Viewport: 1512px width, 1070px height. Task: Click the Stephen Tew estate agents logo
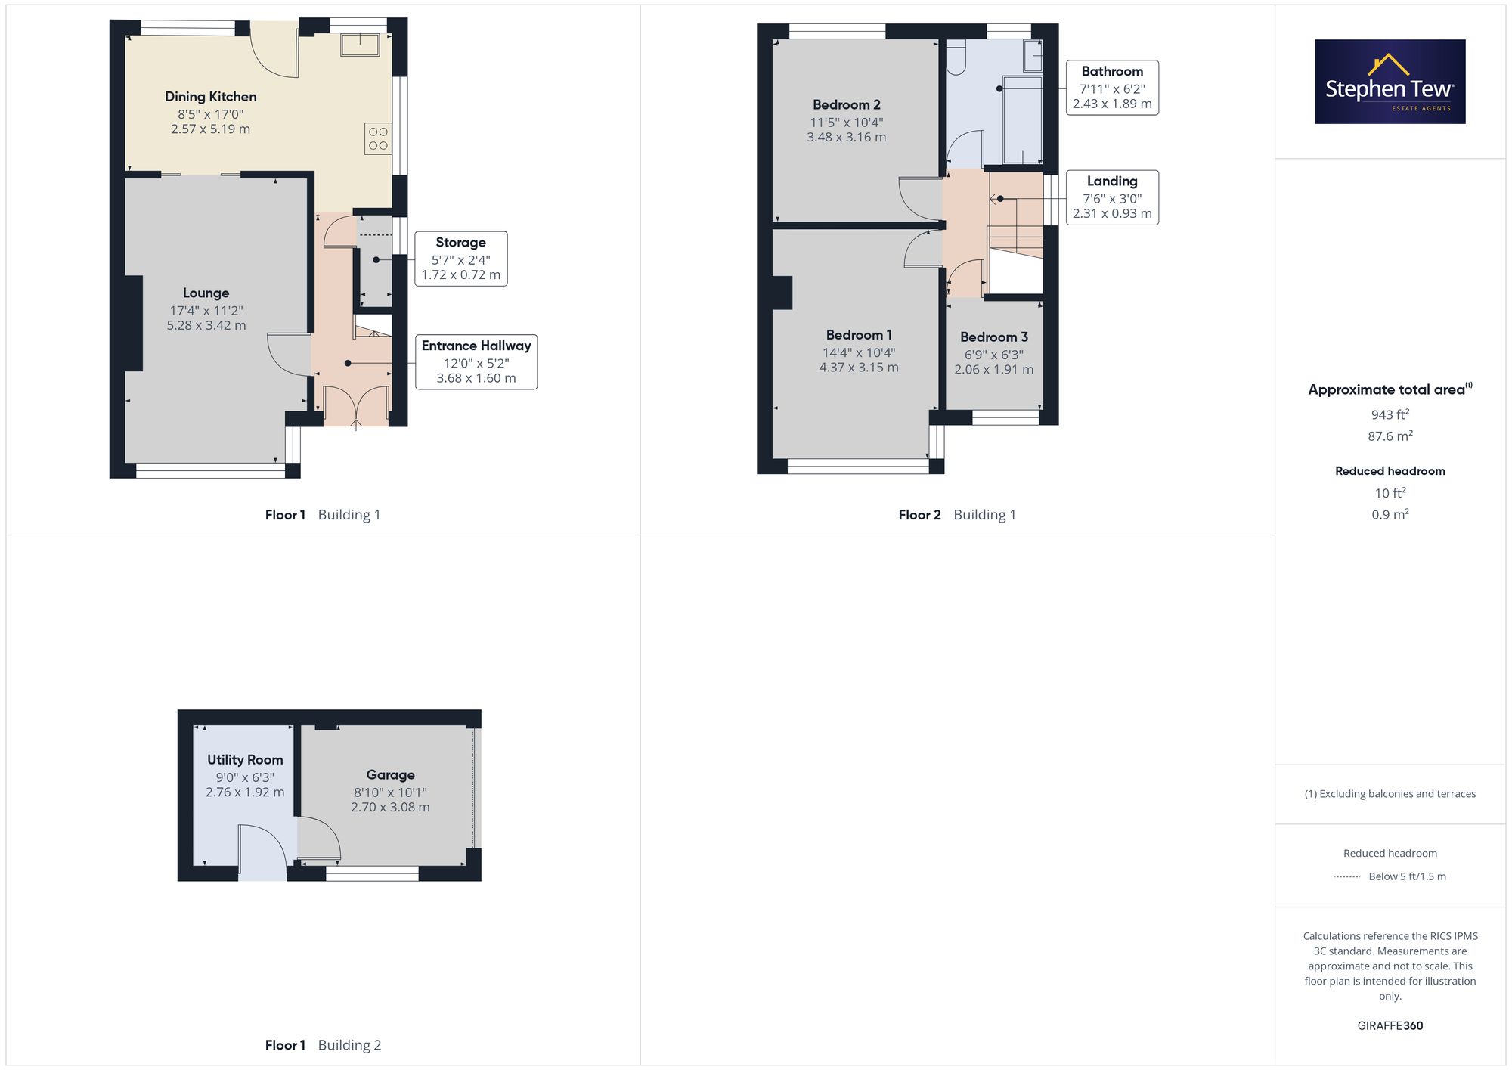pyautogui.click(x=1390, y=82)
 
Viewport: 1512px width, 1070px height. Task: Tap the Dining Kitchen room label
pyautogui.click(x=211, y=97)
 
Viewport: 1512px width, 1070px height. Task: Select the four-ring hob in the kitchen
pyautogui.click(x=378, y=138)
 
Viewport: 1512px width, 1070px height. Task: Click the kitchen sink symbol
pyautogui.click(x=360, y=45)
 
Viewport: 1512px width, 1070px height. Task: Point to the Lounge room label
pyautogui.click(x=206, y=293)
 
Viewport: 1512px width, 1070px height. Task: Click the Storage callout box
pyautogui.click(x=461, y=259)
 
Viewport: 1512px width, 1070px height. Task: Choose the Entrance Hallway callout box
pyautogui.click(x=476, y=362)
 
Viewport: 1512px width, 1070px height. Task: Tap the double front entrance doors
pyautogui.click(x=356, y=408)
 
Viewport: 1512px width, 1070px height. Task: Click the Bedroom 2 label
pyautogui.click(x=847, y=105)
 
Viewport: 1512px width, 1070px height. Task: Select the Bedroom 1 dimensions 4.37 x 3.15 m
pyautogui.click(x=859, y=368)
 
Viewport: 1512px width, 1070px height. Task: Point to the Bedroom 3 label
pyautogui.click(x=994, y=337)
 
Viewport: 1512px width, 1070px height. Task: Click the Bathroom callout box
pyautogui.click(x=1112, y=88)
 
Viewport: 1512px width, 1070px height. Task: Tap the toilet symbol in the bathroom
pyautogui.click(x=956, y=58)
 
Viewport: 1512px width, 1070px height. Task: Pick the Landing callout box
pyautogui.click(x=1112, y=197)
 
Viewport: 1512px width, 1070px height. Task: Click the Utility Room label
pyautogui.click(x=245, y=760)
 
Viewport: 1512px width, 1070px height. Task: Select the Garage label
pyautogui.click(x=390, y=775)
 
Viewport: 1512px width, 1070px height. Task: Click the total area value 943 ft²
pyautogui.click(x=1390, y=414)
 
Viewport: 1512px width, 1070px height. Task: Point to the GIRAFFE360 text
pyautogui.click(x=1390, y=1026)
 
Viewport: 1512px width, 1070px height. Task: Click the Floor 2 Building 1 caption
pyautogui.click(x=957, y=515)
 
